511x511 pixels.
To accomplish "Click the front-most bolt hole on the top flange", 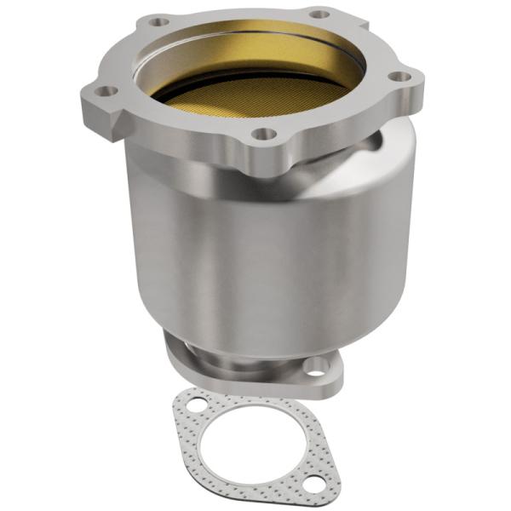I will coord(265,134).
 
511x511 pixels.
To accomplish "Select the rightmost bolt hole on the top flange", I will coord(395,76).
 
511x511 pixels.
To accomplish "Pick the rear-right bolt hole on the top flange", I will coord(318,14).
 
